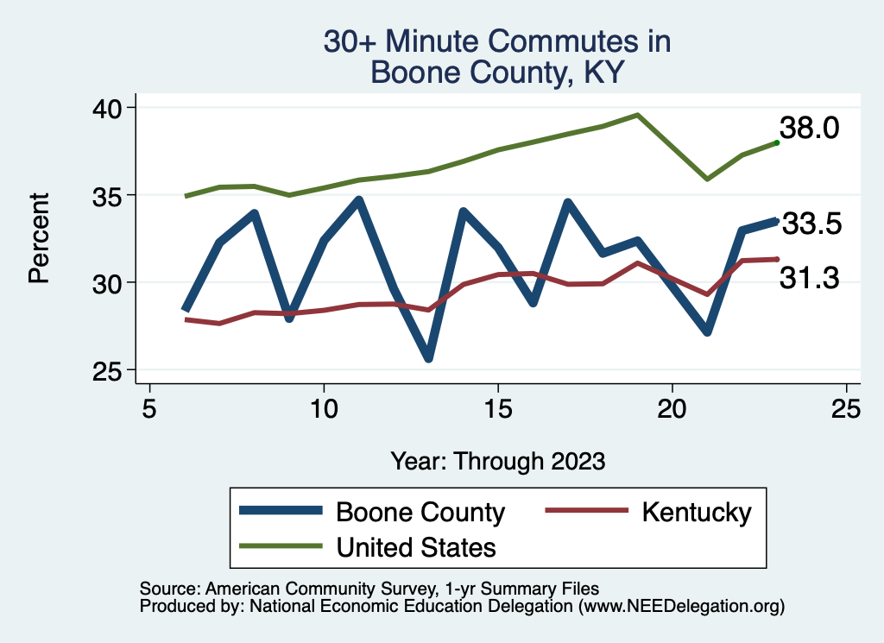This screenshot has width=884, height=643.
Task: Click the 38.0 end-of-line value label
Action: (809, 129)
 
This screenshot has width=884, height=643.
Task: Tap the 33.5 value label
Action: (811, 224)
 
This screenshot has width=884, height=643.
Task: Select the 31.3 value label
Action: (809, 277)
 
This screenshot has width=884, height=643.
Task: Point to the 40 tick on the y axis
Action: (109, 107)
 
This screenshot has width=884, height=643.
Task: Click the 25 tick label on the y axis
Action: (109, 370)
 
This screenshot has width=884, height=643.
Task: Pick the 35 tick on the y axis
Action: (109, 195)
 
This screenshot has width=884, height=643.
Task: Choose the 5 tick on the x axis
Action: (149, 407)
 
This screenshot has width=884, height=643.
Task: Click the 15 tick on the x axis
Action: (498, 407)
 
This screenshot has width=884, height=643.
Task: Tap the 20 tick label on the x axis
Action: (672, 407)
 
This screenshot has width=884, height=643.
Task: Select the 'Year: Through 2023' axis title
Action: (497, 460)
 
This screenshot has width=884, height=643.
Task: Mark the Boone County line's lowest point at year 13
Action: (428, 358)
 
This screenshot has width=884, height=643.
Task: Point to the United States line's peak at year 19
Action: (637, 114)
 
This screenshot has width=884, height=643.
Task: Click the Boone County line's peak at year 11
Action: (358, 200)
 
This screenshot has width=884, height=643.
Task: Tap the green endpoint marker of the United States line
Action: (777, 142)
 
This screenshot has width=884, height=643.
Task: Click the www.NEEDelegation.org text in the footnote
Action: (681, 607)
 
